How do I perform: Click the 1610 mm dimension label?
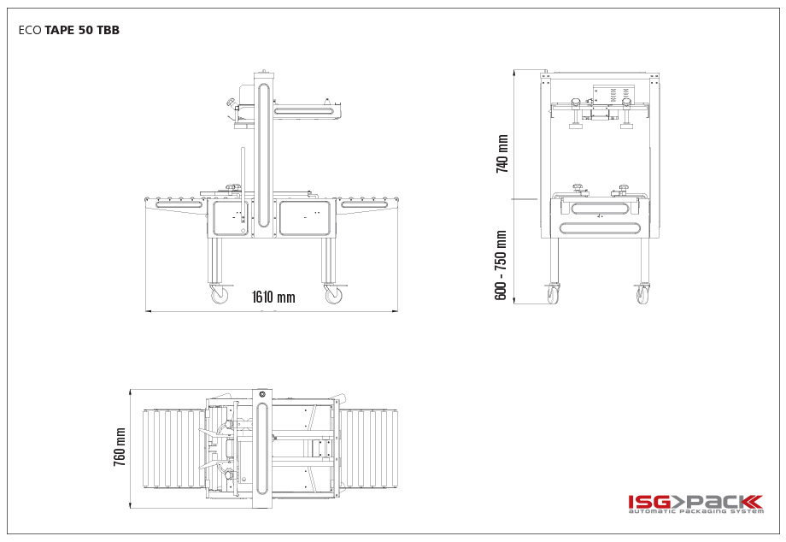(273, 297)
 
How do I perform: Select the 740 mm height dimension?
(502, 154)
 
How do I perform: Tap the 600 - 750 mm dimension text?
(501, 266)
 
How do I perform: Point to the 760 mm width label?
(120, 447)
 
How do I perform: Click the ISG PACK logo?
(695, 504)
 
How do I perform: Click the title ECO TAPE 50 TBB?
(69, 30)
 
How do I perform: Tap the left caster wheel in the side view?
(220, 294)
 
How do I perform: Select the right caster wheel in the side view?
(334, 294)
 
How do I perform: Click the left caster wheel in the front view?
(554, 293)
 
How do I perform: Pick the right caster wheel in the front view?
(643, 293)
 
